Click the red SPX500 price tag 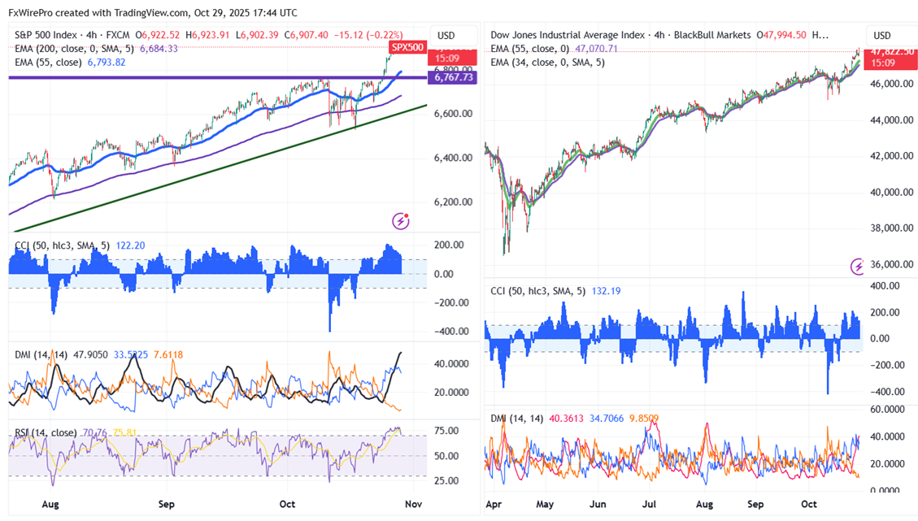tap(407, 47)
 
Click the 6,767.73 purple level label tap(452, 78)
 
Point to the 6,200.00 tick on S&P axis tap(454, 202)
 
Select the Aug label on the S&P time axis tap(50, 504)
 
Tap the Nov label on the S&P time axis tap(415, 504)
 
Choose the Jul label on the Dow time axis tap(652, 504)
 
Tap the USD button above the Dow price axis tap(883, 36)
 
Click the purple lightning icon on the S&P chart tap(400, 221)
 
